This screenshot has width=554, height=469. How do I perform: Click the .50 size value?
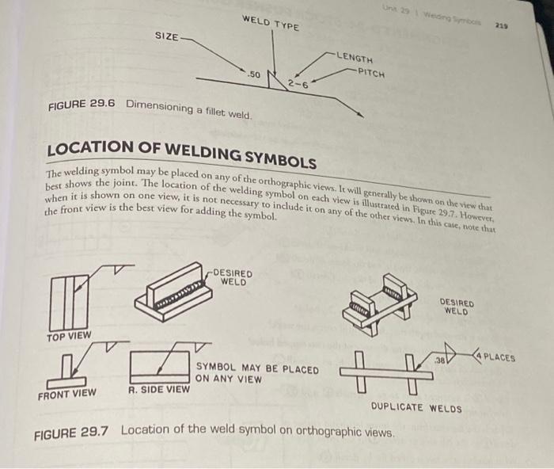[x=254, y=74]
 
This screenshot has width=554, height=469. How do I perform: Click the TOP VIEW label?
[x=69, y=336]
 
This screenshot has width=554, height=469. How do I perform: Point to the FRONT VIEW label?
[x=67, y=393]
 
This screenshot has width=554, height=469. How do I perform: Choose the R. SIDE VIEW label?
[x=158, y=389]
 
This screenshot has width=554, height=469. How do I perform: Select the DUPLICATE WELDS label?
[x=416, y=407]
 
